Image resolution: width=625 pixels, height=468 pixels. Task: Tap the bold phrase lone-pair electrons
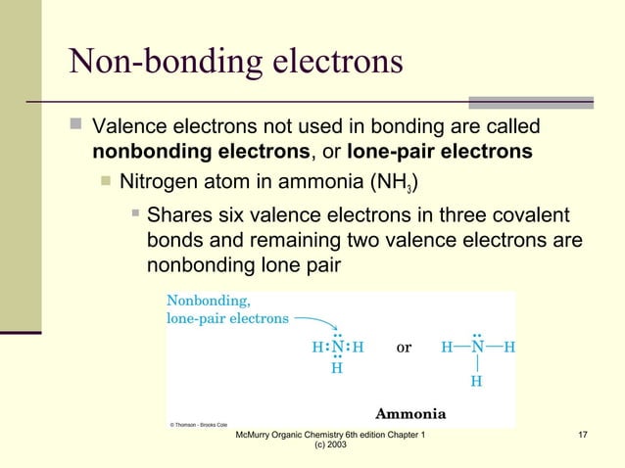(440, 152)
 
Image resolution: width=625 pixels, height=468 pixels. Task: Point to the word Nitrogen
(159, 181)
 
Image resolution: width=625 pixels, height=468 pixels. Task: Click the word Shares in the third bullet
(178, 215)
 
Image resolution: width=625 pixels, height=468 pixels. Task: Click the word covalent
(528, 215)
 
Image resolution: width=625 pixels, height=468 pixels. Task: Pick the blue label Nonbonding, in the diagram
(208, 301)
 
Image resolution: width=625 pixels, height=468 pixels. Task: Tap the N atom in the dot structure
(336, 347)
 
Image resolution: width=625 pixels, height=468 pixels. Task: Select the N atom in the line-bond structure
(476, 347)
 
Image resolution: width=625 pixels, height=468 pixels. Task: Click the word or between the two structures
(404, 348)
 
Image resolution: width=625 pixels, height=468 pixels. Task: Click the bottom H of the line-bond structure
(476, 382)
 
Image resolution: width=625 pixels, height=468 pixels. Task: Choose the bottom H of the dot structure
(336, 369)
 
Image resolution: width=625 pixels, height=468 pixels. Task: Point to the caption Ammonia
(411, 412)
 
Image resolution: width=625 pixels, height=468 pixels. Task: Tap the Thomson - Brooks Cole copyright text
(199, 425)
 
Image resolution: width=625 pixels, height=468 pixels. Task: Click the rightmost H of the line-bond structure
(509, 348)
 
